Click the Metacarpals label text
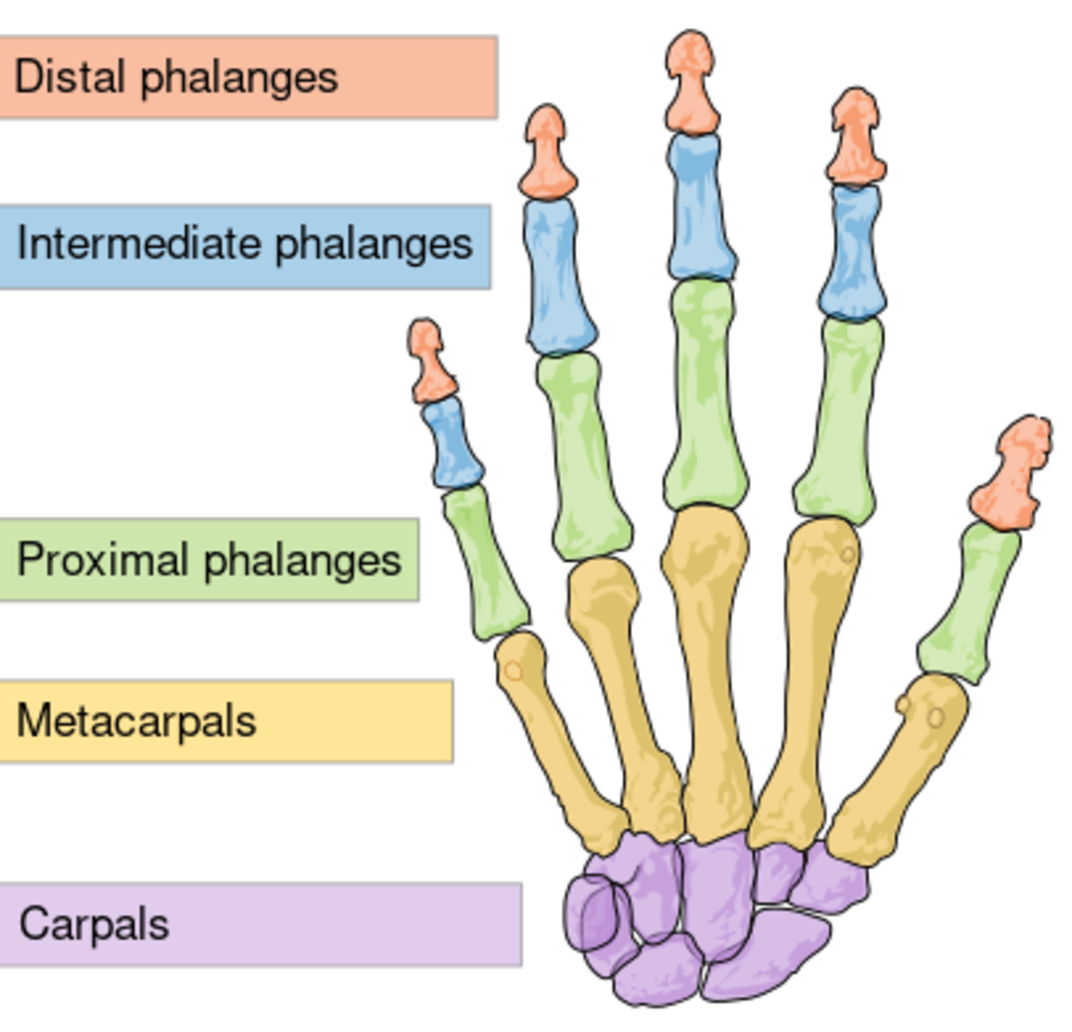tap(136, 721)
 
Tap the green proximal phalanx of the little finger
tap(484, 563)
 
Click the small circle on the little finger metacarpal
tap(513, 671)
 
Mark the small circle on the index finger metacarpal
tap(847, 555)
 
